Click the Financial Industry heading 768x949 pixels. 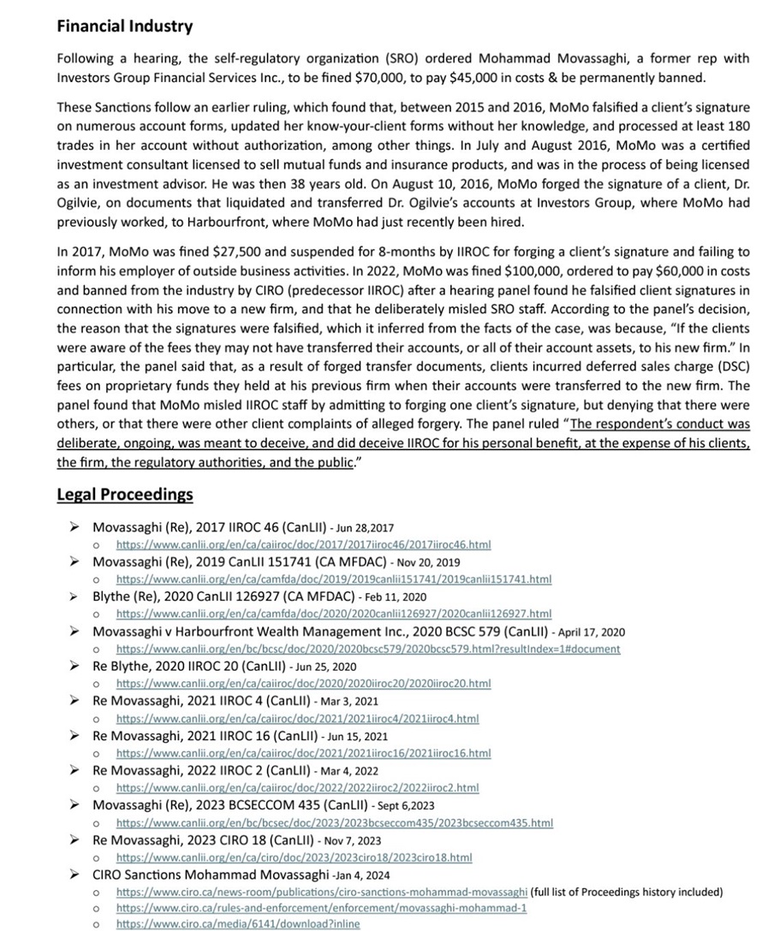pos(124,27)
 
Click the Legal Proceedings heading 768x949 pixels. pos(124,495)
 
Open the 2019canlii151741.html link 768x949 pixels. pos(333,579)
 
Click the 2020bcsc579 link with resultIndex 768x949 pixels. pos(368,649)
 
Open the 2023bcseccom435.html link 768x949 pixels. pos(334,822)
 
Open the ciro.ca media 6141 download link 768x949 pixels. pos(238,924)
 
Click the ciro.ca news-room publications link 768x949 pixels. pos(322,892)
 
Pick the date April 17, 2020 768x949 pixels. pos(591,632)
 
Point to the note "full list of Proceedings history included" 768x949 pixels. pos(627,892)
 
